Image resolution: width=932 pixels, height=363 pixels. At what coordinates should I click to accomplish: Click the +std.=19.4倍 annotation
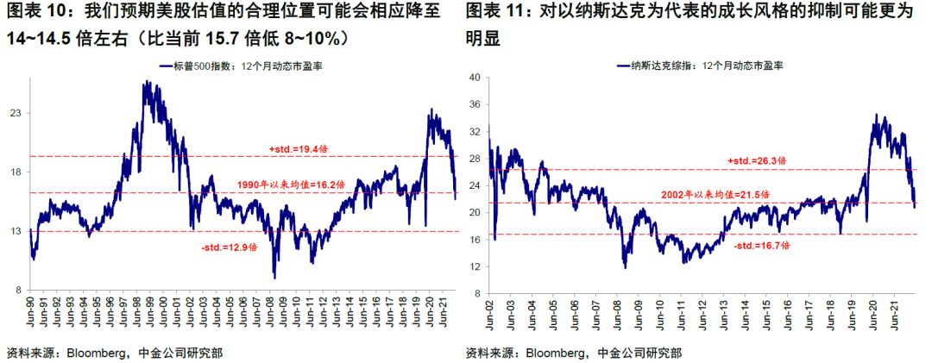(298, 148)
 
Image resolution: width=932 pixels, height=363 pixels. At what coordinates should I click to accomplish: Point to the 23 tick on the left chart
(15, 114)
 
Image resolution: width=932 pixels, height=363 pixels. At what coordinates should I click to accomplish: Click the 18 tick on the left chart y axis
(15, 172)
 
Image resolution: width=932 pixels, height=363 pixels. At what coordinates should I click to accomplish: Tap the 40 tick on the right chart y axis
(473, 78)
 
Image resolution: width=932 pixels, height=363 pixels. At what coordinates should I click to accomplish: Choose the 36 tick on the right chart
(473, 105)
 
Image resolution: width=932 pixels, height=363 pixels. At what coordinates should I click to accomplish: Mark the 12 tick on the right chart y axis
(473, 266)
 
